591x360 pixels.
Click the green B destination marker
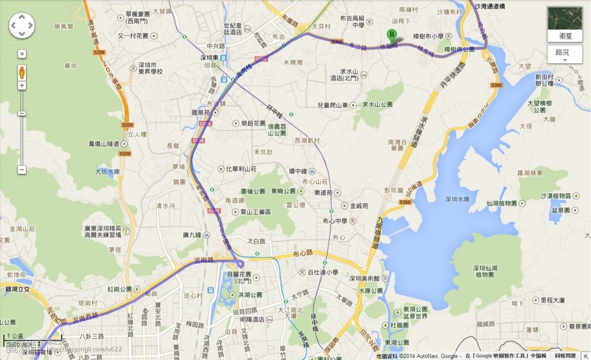(392, 35)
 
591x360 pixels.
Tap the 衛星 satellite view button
(564, 24)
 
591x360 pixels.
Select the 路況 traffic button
(564, 54)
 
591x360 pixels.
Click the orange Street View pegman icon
(22, 72)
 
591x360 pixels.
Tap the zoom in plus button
(22, 86)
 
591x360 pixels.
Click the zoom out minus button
(22, 170)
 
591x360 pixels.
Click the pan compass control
(22, 25)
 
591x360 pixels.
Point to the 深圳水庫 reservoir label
(457, 199)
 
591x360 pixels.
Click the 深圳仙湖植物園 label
(484, 271)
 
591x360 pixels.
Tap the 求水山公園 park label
(377, 104)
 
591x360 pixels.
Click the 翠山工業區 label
(255, 212)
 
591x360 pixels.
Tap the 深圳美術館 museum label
(364, 278)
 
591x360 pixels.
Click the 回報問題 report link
(565, 356)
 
